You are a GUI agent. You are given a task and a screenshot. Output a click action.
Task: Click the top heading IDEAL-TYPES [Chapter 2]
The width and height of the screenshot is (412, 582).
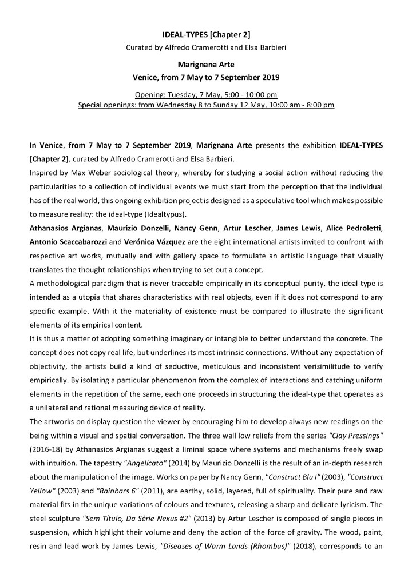tap(205, 35)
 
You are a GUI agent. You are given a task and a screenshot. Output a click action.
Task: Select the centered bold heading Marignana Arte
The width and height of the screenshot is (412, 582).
tap(205, 65)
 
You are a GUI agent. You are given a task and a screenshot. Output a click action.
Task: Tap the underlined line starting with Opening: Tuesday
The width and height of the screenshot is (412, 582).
tap(205, 94)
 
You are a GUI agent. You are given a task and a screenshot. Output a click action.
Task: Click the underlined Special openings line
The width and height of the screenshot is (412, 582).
tap(205, 105)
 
